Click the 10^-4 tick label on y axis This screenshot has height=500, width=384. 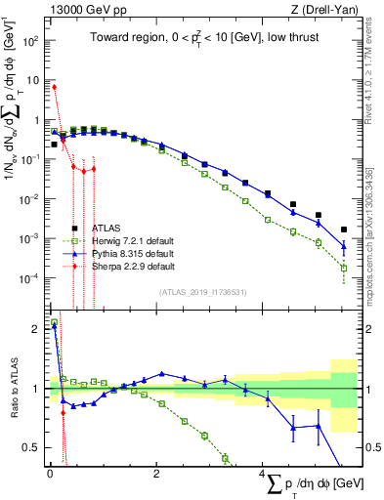29,278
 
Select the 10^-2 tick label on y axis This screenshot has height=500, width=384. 29,199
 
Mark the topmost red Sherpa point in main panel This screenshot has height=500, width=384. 54,87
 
